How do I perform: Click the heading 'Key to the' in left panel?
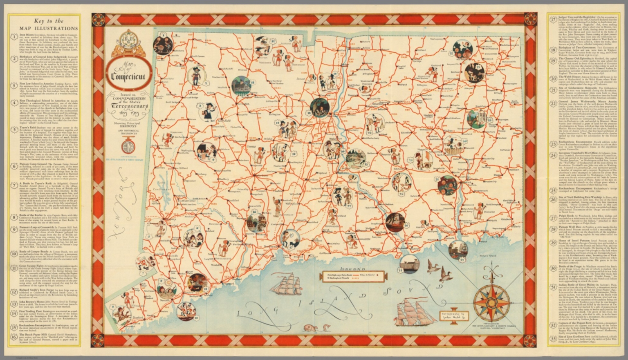pos(49,21)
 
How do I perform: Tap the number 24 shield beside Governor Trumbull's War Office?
pos(554,155)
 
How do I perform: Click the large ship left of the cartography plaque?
pos(410,311)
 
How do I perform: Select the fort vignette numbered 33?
pos(407,264)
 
